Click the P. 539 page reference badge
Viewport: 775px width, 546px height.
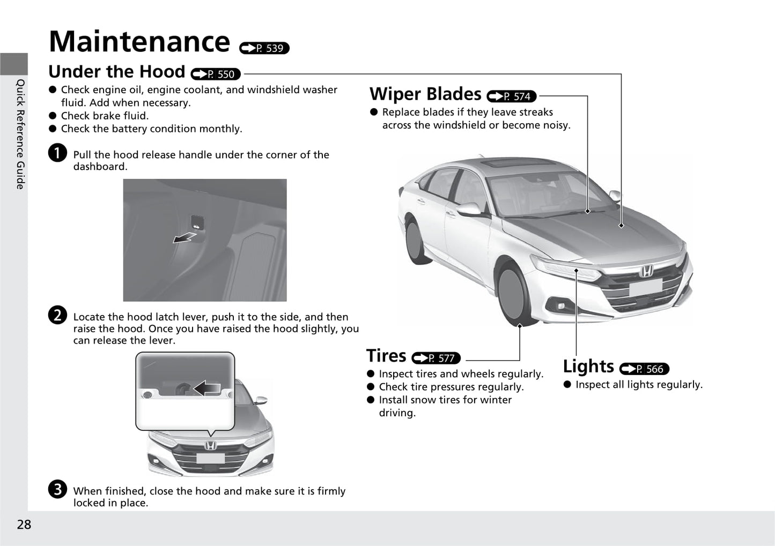point(264,48)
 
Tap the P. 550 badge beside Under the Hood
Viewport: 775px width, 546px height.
point(216,74)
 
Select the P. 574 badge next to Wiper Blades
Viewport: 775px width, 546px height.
point(511,96)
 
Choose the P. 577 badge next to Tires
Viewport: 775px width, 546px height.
point(436,358)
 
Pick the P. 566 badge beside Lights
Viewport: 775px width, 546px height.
point(644,369)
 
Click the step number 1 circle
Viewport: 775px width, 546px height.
point(57,153)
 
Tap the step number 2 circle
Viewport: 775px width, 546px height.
point(57,315)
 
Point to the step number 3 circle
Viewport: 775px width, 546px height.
point(57,489)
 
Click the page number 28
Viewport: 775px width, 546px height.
point(24,524)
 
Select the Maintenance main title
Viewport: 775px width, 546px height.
point(139,41)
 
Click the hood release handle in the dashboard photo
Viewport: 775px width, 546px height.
point(197,222)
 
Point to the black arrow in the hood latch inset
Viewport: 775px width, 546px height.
point(207,388)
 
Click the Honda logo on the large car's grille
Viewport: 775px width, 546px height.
point(646,271)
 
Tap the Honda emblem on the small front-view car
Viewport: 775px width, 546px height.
point(210,446)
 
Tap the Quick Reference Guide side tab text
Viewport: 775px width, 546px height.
point(21,134)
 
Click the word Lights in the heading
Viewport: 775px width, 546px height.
point(588,367)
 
